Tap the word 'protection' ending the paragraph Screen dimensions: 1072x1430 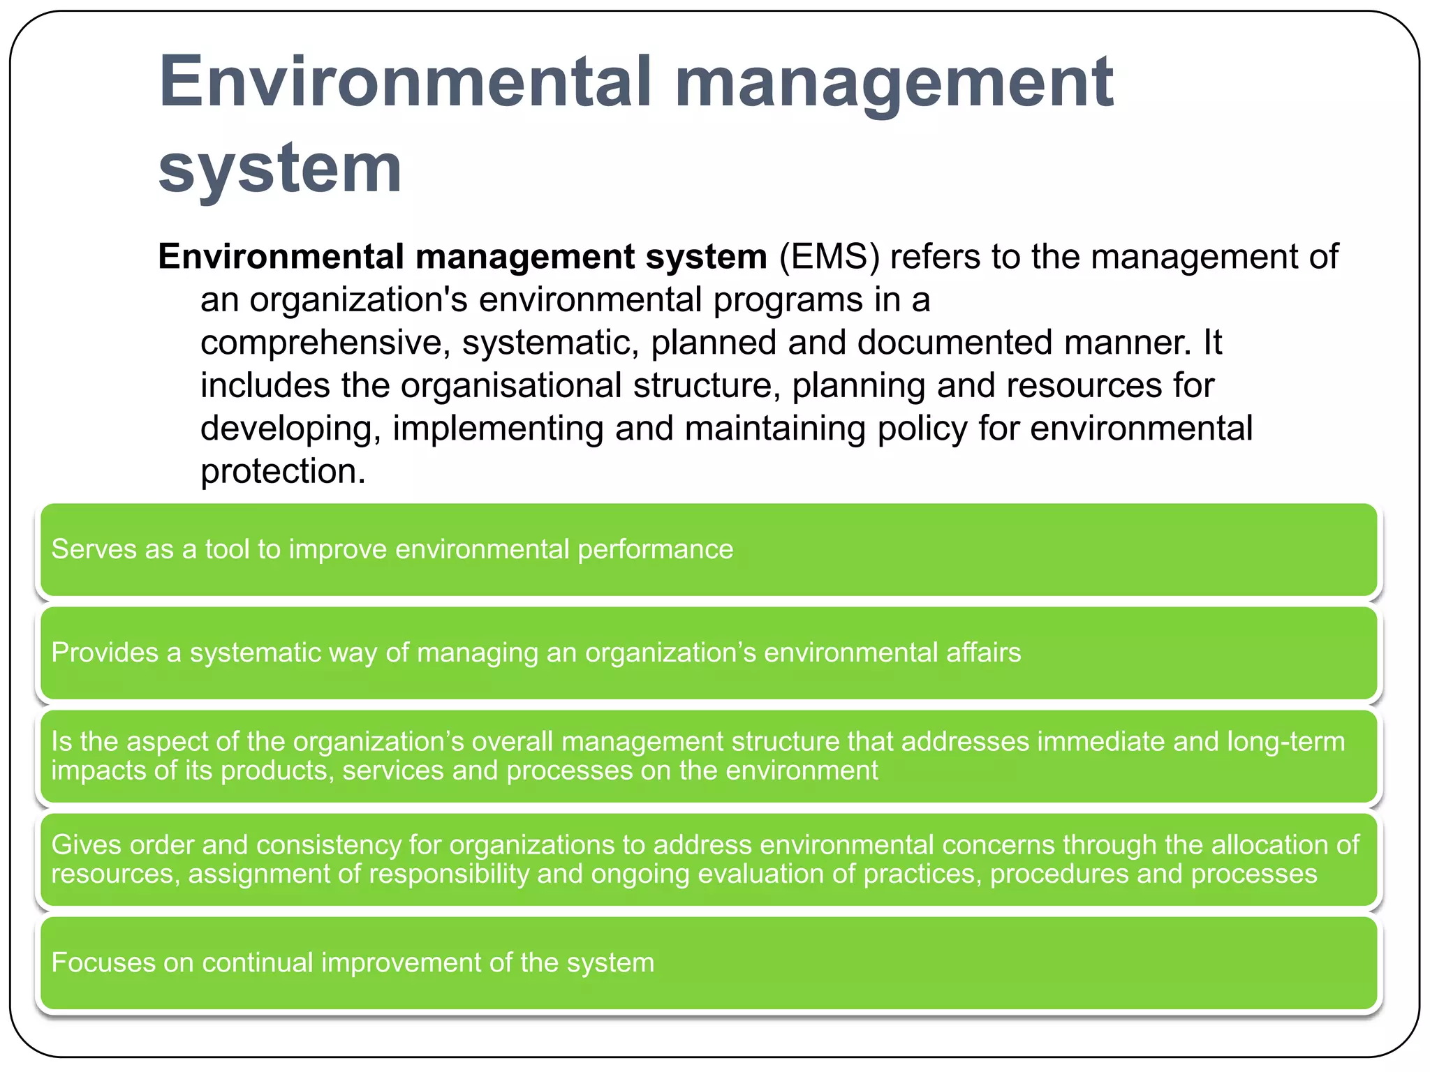point(279,472)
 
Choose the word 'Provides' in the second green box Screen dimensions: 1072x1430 point(105,653)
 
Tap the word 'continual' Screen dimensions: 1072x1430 point(257,963)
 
